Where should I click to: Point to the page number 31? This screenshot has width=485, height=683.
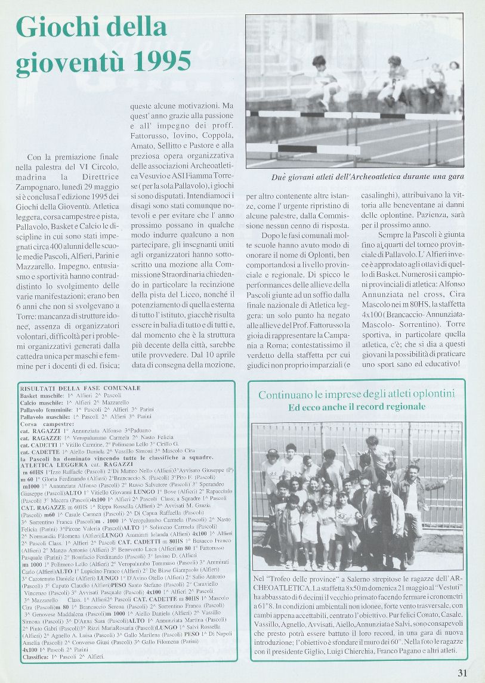[x=462, y=673]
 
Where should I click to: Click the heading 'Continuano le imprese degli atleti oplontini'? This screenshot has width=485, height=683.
[x=356, y=394]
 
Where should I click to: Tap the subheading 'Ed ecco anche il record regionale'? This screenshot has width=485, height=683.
[x=356, y=407]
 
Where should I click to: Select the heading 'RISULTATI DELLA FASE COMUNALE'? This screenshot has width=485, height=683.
[x=80, y=388]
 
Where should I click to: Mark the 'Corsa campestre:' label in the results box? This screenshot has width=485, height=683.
[x=44, y=424]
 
